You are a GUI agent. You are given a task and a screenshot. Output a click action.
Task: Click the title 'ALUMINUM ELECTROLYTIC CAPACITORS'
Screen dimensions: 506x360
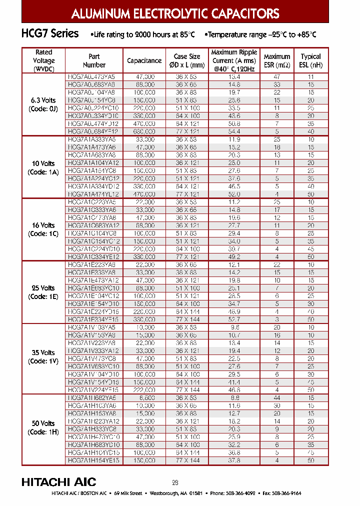tap(175, 14)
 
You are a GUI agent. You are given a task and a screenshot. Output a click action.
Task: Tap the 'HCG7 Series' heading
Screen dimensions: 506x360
tap(50, 34)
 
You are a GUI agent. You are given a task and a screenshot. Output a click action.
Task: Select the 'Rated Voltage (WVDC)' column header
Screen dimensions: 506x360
tap(44, 60)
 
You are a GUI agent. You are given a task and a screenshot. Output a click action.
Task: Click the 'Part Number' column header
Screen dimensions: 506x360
tap(94, 60)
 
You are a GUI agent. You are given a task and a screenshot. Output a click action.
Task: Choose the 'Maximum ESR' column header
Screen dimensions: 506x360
tap(276, 60)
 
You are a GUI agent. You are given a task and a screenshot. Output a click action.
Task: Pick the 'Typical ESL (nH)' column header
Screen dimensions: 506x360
tap(310, 60)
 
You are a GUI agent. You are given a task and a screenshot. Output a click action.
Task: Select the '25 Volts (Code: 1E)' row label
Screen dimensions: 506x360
tap(44, 292)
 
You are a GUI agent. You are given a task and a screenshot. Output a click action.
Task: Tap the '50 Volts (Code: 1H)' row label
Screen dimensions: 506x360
tap(44, 428)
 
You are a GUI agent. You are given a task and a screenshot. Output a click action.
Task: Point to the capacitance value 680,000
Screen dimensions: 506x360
tap(144, 131)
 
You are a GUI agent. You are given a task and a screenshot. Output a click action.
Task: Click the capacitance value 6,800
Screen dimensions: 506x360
tap(144, 398)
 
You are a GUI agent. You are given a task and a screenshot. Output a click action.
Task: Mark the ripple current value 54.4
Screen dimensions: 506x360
tap(234, 131)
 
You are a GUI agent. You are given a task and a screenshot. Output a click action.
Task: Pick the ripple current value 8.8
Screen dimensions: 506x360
tap(234, 398)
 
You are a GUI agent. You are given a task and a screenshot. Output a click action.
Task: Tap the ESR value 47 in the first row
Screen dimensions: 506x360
tap(276, 77)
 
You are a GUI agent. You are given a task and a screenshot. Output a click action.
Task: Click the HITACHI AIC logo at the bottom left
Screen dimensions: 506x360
tap(58, 482)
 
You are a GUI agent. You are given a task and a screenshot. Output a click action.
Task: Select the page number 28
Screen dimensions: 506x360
tap(175, 482)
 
